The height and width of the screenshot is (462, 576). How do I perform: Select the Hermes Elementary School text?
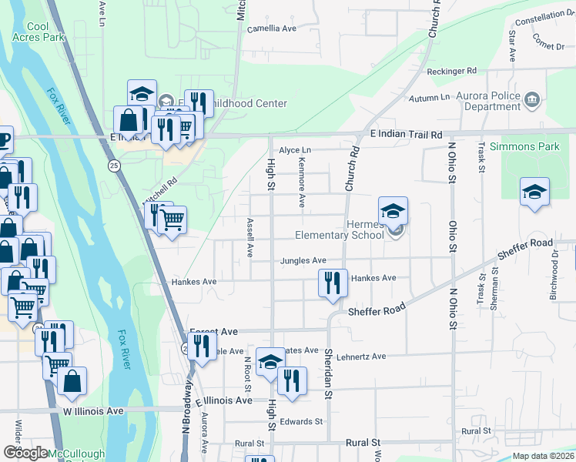click(x=340, y=229)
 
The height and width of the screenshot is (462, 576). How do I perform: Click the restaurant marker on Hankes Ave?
click(x=333, y=283)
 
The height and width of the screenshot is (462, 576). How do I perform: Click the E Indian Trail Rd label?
click(x=406, y=134)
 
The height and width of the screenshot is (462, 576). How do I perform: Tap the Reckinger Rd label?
click(x=451, y=71)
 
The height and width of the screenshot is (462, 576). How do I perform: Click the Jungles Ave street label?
click(x=303, y=261)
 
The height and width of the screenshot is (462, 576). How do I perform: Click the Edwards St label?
click(x=301, y=421)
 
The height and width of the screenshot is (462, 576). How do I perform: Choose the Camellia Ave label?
click(x=271, y=28)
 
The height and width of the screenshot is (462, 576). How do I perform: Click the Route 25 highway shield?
click(x=114, y=166)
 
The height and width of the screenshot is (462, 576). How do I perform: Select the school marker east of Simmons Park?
click(x=534, y=192)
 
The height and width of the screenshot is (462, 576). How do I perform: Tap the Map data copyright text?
click(x=544, y=456)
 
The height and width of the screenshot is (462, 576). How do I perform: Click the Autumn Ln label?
click(x=430, y=98)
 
